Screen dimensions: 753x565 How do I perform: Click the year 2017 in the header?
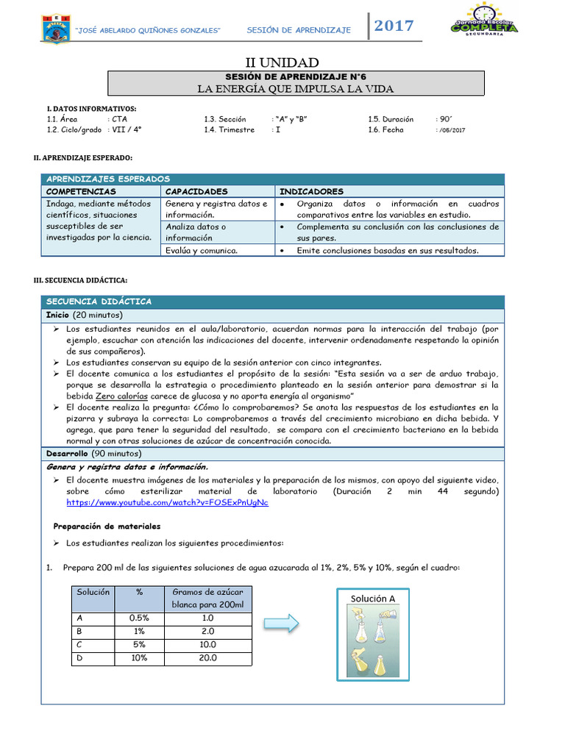coord(394,26)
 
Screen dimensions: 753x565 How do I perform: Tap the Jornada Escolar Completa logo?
coord(484,21)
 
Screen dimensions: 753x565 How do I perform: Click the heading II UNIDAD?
coord(282,63)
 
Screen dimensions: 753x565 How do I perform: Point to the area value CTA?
coord(119,118)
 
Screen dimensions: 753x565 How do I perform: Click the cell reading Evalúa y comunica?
coord(202,250)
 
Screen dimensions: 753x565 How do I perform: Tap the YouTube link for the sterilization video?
coord(167,502)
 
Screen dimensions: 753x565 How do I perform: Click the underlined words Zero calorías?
coord(122,396)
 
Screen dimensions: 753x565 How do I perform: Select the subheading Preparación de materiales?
coord(107,527)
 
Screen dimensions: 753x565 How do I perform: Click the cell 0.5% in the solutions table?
coord(139,618)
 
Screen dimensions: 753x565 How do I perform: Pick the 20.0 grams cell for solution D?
coord(207,658)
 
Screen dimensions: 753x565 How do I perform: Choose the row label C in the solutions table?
coord(79,645)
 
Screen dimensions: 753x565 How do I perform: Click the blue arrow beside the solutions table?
coord(281,624)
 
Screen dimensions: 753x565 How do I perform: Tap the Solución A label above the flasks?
coord(372,599)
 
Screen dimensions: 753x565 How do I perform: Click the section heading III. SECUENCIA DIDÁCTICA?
coord(81,280)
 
